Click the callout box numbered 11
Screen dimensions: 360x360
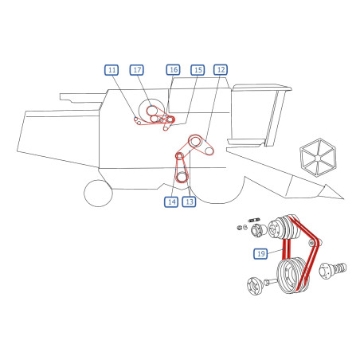click(112, 70)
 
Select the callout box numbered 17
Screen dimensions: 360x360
click(137, 70)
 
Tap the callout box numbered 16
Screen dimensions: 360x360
click(173, 70)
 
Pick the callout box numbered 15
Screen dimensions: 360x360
click(198, 70)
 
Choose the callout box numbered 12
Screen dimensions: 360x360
click(221, 70)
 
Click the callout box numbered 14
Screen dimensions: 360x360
click(171, 202)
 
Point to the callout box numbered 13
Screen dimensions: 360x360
click(189, 202)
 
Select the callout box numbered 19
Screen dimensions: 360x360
click(260, 253)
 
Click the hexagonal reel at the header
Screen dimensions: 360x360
click(318, 157)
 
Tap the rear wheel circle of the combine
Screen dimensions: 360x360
click(98, 193)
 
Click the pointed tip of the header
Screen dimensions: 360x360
click(343, 198)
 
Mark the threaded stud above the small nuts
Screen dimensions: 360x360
click(254, 220)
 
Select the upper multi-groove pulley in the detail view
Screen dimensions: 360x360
click(284, 228)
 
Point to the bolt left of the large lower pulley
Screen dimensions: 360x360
click(270, 282)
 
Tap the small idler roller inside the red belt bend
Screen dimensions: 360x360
click(312, 242)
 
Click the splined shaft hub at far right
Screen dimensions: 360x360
click(333, 271)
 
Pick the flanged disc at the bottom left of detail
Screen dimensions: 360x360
click(255, 286)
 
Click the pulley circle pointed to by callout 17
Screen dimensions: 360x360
click(152, 110)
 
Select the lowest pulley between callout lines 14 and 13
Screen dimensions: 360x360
click(182, 177)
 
